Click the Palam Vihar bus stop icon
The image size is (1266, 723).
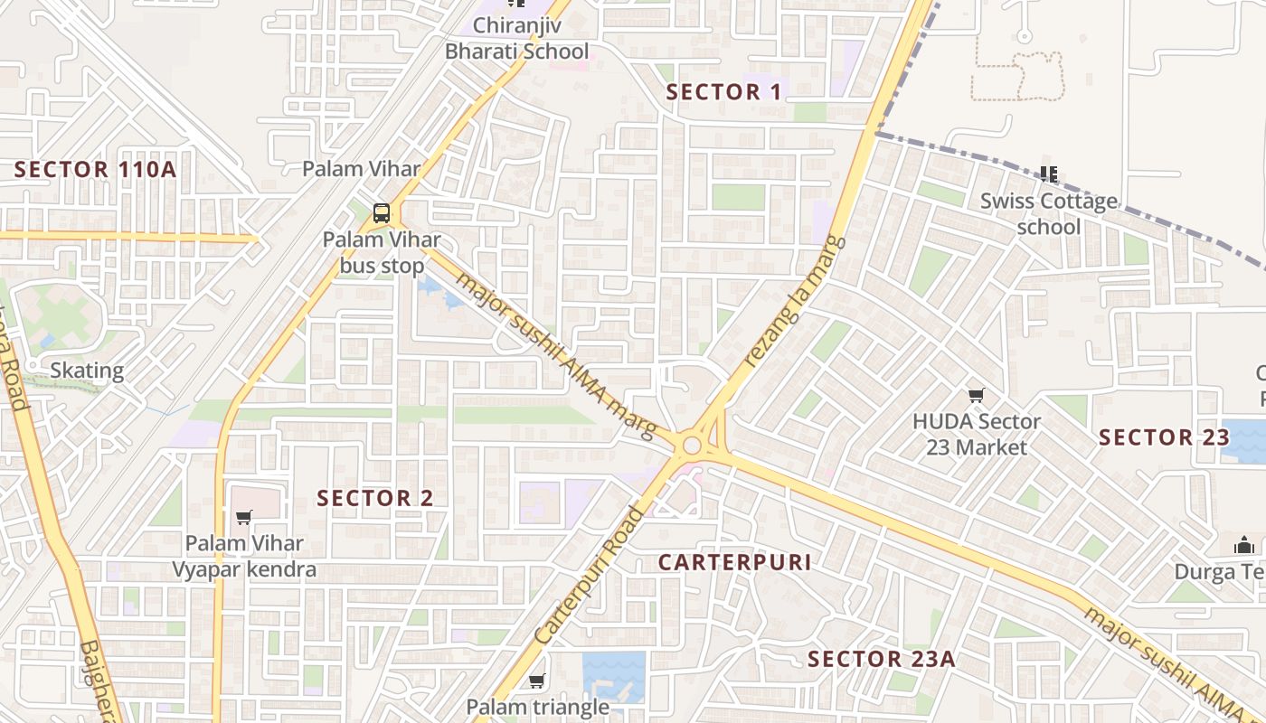click(382, 213)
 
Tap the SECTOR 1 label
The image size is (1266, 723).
click(724, 91)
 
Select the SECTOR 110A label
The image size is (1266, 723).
click(95, 169)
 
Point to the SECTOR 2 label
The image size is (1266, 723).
click(375, 498)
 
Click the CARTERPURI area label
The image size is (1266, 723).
click(734, 562)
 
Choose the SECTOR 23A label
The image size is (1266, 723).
click(881, 659)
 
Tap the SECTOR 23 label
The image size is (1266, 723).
click(1164, 437)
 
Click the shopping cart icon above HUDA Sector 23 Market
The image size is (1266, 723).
click(976, 395)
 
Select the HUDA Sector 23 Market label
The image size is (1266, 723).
click(977, 435)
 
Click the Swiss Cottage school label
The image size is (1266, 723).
click(1049, 213)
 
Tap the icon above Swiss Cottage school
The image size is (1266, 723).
click(1049, 173)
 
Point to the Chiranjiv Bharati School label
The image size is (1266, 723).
click(516, 38)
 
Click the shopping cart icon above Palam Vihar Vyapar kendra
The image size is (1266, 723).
click(243, 517)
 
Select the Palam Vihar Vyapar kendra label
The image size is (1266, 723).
click(245, 556)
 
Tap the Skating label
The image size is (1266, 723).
click(87, 370)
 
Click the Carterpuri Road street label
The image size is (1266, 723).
click(590, 576)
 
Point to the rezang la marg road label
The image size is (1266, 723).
click(796, 301)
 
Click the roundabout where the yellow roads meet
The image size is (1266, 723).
click(694, 445)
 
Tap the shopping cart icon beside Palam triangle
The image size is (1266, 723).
click(537, 681)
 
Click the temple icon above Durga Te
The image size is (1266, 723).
click(1243, 545)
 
